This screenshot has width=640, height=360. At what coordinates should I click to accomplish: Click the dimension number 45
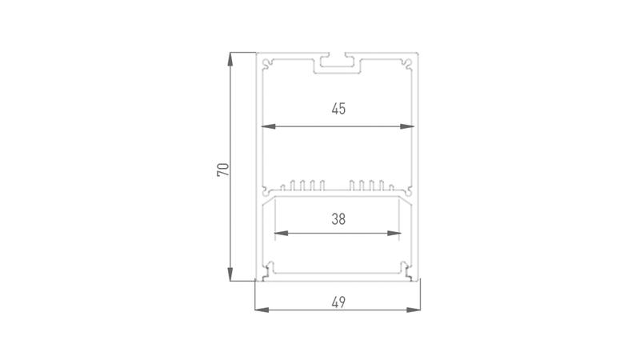(x=338, y=109)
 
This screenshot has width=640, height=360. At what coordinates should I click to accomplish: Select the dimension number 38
(x=338, y=219)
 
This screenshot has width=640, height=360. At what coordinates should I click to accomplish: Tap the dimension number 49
(x=338, y=302)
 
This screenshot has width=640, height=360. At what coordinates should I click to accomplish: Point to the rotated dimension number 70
(x=223, y=170)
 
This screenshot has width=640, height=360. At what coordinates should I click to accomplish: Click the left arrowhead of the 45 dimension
(x=268, y=126)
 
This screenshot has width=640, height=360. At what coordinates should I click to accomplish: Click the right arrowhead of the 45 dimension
(x=407, y=126)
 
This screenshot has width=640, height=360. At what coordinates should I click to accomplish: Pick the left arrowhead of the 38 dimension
(x=282, y=233)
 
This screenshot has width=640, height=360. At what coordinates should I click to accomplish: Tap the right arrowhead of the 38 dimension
(x=394, y=233)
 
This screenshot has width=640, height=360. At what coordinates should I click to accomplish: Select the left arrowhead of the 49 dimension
(x=262, y=310)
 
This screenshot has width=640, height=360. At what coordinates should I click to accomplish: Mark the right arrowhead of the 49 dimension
(x=414, y=310)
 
